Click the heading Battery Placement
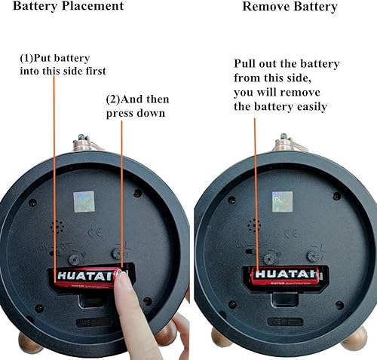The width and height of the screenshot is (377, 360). pos(68,7)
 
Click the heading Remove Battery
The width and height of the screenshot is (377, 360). pos(290,7)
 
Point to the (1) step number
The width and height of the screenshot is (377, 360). pos(27,58)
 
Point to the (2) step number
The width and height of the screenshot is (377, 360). pos(112,99)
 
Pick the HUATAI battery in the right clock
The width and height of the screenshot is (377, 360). pos(284,274)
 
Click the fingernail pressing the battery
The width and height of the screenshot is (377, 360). pos(120,280)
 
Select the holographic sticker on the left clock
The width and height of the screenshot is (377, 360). pos(84,201)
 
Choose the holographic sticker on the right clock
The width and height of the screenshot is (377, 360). pos(282,201)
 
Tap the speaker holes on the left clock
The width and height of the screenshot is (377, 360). pos(57,226)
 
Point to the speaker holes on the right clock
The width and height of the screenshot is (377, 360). pos(254,226)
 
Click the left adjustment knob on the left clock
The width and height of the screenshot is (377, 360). pos(74,258)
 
